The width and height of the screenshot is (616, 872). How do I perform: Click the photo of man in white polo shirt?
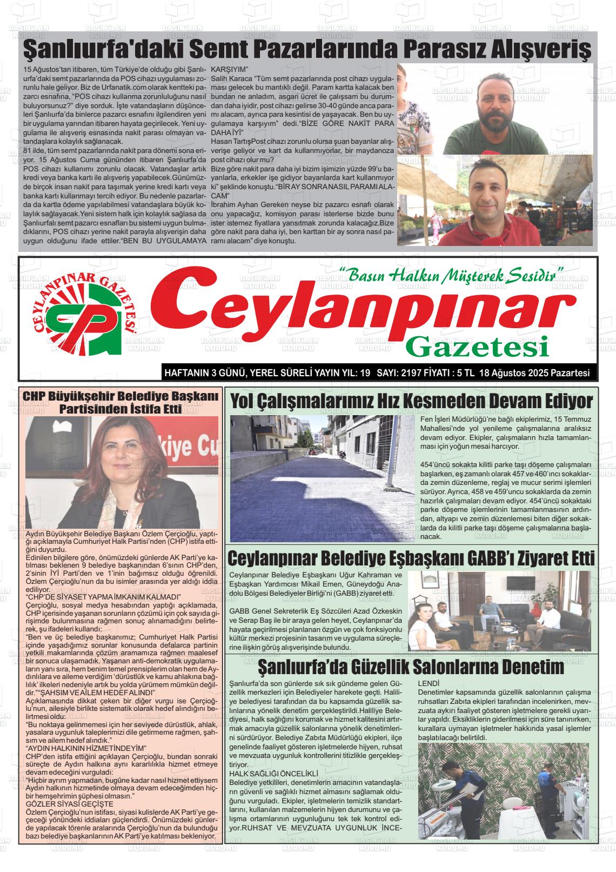(495, 201)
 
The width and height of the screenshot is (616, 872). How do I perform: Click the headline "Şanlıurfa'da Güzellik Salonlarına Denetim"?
(411, 667)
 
